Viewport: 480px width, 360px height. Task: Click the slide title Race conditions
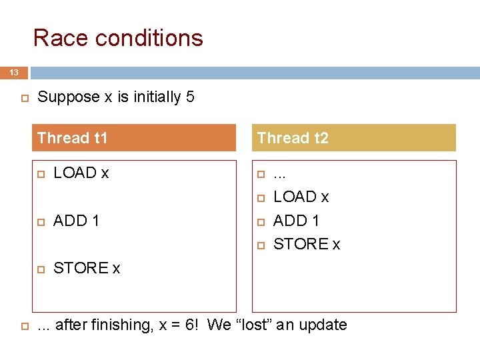(118, 38)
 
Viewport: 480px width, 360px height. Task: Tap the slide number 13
(14, 72)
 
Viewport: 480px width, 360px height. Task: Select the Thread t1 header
(73, 138)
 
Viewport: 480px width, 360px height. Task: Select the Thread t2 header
(293, 138)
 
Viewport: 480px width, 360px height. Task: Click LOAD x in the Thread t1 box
(81, 173)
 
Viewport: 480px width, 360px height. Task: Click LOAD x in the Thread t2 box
(301, 197)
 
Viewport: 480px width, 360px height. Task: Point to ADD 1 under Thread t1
(76, 221)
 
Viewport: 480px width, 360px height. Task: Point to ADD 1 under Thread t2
(296, 221)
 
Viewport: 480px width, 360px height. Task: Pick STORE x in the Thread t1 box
(87, 268)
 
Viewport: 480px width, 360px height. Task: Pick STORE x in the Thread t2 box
(307, 245)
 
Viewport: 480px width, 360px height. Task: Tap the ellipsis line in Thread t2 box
(279, 175)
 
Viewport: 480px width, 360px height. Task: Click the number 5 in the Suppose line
(190, 97)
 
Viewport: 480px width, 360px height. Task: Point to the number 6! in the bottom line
(190, 325)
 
